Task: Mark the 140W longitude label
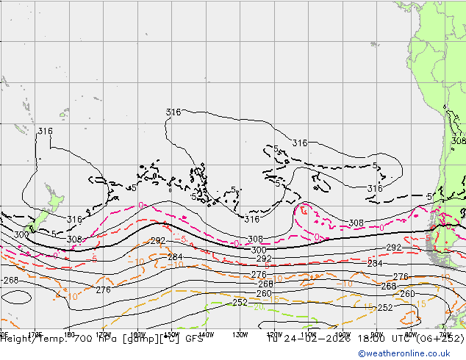(x=206, y=332)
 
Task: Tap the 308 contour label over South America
(x=458, y=140)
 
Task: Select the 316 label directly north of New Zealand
(x=46, y=132)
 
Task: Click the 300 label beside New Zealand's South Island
(x=21, y=234)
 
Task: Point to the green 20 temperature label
(x=259, y=308)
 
